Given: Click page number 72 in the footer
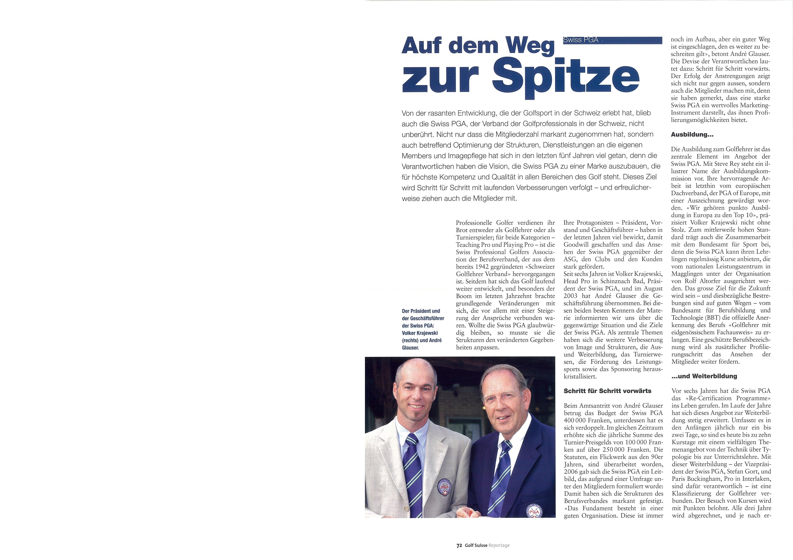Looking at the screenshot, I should (459, 545).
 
